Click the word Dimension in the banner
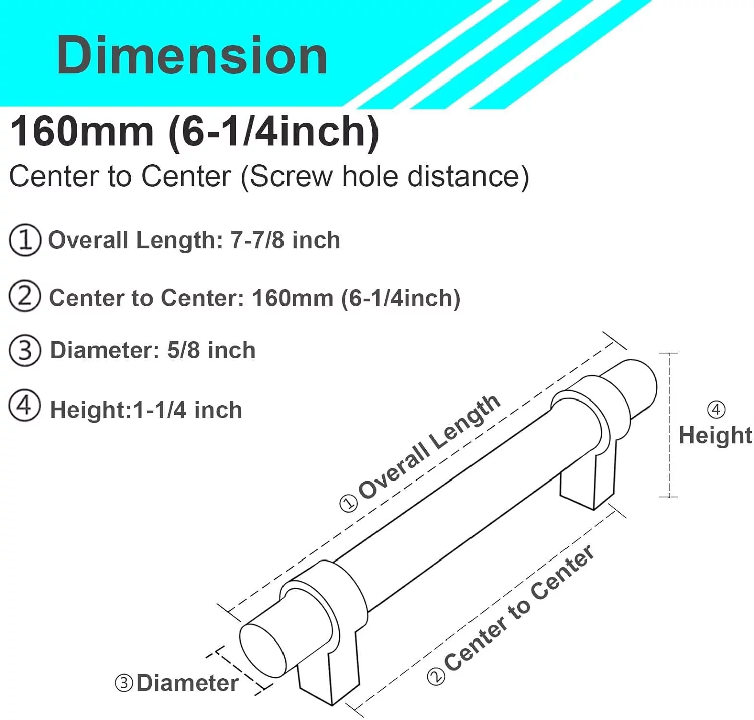point(192,55)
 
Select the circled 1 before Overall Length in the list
point(25,240)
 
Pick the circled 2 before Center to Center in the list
point(25,297)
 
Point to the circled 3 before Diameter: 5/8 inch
point(25,350)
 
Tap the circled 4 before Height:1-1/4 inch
point(25,406)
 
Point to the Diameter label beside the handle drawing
point(187,683)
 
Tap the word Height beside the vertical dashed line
point(715,435)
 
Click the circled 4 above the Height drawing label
point(716,409)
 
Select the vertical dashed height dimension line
point(669,425)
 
